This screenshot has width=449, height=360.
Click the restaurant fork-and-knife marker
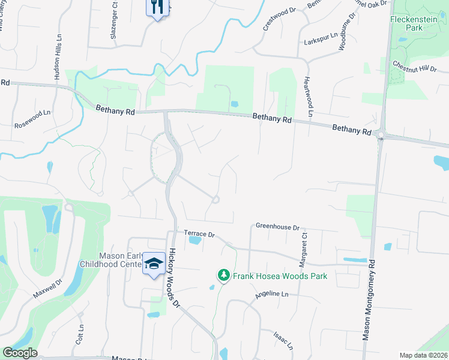tap(157, 8)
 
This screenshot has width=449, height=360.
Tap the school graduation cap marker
tap(154, 264)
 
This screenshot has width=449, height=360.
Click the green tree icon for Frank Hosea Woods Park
tap(224, 275)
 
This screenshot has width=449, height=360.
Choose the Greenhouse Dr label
tap(277, 227)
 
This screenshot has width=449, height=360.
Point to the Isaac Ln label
tap(283, 340)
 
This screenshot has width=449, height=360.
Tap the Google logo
tap(20, 353)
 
